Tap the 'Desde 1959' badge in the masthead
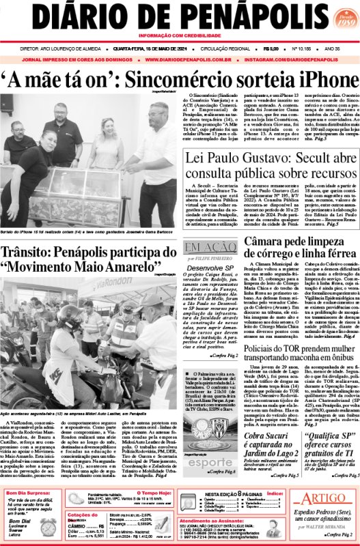pos(337,16)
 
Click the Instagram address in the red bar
pos(294,59)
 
